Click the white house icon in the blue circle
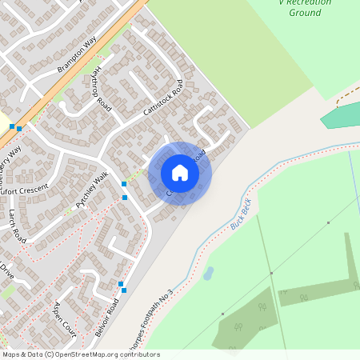179,173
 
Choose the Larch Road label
19,225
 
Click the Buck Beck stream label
241,214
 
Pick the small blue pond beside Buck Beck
208,274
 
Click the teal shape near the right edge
339,115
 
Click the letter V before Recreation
282,2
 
